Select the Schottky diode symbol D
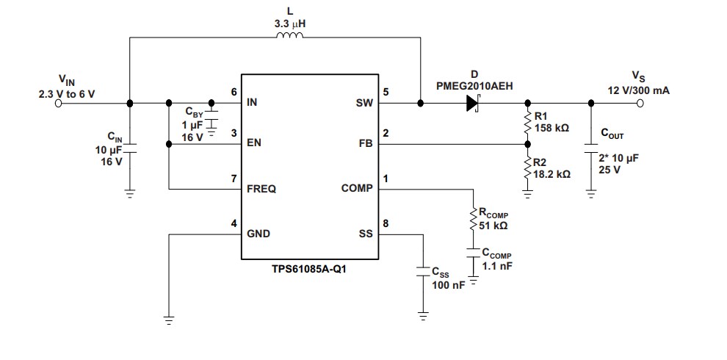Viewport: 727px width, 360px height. click(x=472, y=104)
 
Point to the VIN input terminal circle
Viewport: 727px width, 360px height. click(x=57, y=104)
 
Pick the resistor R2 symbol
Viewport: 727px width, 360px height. click(x=527, y=168)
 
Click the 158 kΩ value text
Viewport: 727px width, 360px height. click(x=551, y=128)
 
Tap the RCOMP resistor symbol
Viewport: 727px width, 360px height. click(x=474, y=219)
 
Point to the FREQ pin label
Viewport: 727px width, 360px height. click(x=261, y=189)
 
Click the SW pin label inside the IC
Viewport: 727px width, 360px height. click(x=364, y=104)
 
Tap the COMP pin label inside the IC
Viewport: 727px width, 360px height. click(x=357, y=189)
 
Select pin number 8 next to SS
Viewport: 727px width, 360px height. click(x=386, y=224)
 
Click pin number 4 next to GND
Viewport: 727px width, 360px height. click(x=234, y=224)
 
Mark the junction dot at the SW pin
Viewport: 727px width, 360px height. click(x=420, y=104)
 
